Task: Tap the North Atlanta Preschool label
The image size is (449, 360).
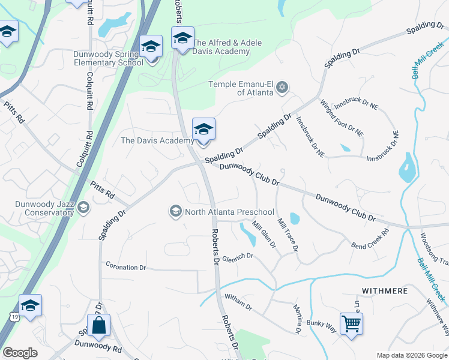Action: coord(229,212)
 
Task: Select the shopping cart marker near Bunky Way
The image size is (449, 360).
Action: coord(351,323)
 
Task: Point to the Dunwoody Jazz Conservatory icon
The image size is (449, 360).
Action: coord(83,208)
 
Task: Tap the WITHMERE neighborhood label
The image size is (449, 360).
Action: coord(385,291)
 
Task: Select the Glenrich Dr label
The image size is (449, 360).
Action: coord(238,257)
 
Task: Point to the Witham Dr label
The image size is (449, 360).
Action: coord(238,301)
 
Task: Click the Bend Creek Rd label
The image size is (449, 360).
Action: coord(370,238)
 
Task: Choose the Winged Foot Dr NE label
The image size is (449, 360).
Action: coord(342,117)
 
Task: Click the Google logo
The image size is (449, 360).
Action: coord(20,353)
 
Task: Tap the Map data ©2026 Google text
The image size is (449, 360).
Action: coord(411,355)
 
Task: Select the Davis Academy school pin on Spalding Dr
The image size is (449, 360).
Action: coord(203,130)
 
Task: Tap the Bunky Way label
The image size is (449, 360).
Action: coord(322,324)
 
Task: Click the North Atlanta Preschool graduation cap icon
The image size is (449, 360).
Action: coord(176,211)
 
